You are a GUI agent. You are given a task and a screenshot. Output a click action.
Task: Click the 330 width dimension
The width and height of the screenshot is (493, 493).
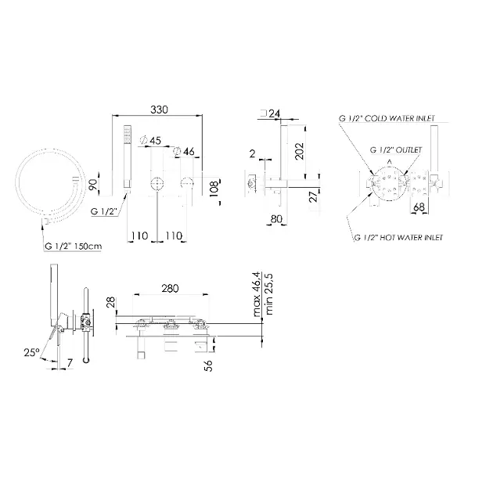tap(159, 110)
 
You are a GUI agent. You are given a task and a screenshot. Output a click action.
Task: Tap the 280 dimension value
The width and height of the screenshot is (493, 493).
tap(170, 288)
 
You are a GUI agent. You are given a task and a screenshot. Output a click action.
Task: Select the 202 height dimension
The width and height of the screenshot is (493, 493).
tap(300, 151)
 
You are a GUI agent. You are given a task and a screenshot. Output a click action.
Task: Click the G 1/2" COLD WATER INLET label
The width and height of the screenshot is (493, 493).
tap(387, 118)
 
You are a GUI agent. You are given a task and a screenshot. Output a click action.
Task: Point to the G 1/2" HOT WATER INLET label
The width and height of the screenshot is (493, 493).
tap(398, 238)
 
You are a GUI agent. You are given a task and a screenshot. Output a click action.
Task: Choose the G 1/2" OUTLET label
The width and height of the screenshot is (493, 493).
tap(396, 149)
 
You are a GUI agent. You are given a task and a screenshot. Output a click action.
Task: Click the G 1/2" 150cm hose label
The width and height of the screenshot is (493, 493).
tap(74, 246)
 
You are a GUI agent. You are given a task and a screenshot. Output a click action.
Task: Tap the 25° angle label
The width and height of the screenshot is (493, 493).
tap(32, 352)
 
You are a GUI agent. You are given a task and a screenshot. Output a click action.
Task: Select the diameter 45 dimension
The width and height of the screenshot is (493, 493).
tap(150, 140)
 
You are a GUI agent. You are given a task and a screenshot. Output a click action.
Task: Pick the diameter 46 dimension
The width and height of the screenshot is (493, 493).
tap(184, 151)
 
